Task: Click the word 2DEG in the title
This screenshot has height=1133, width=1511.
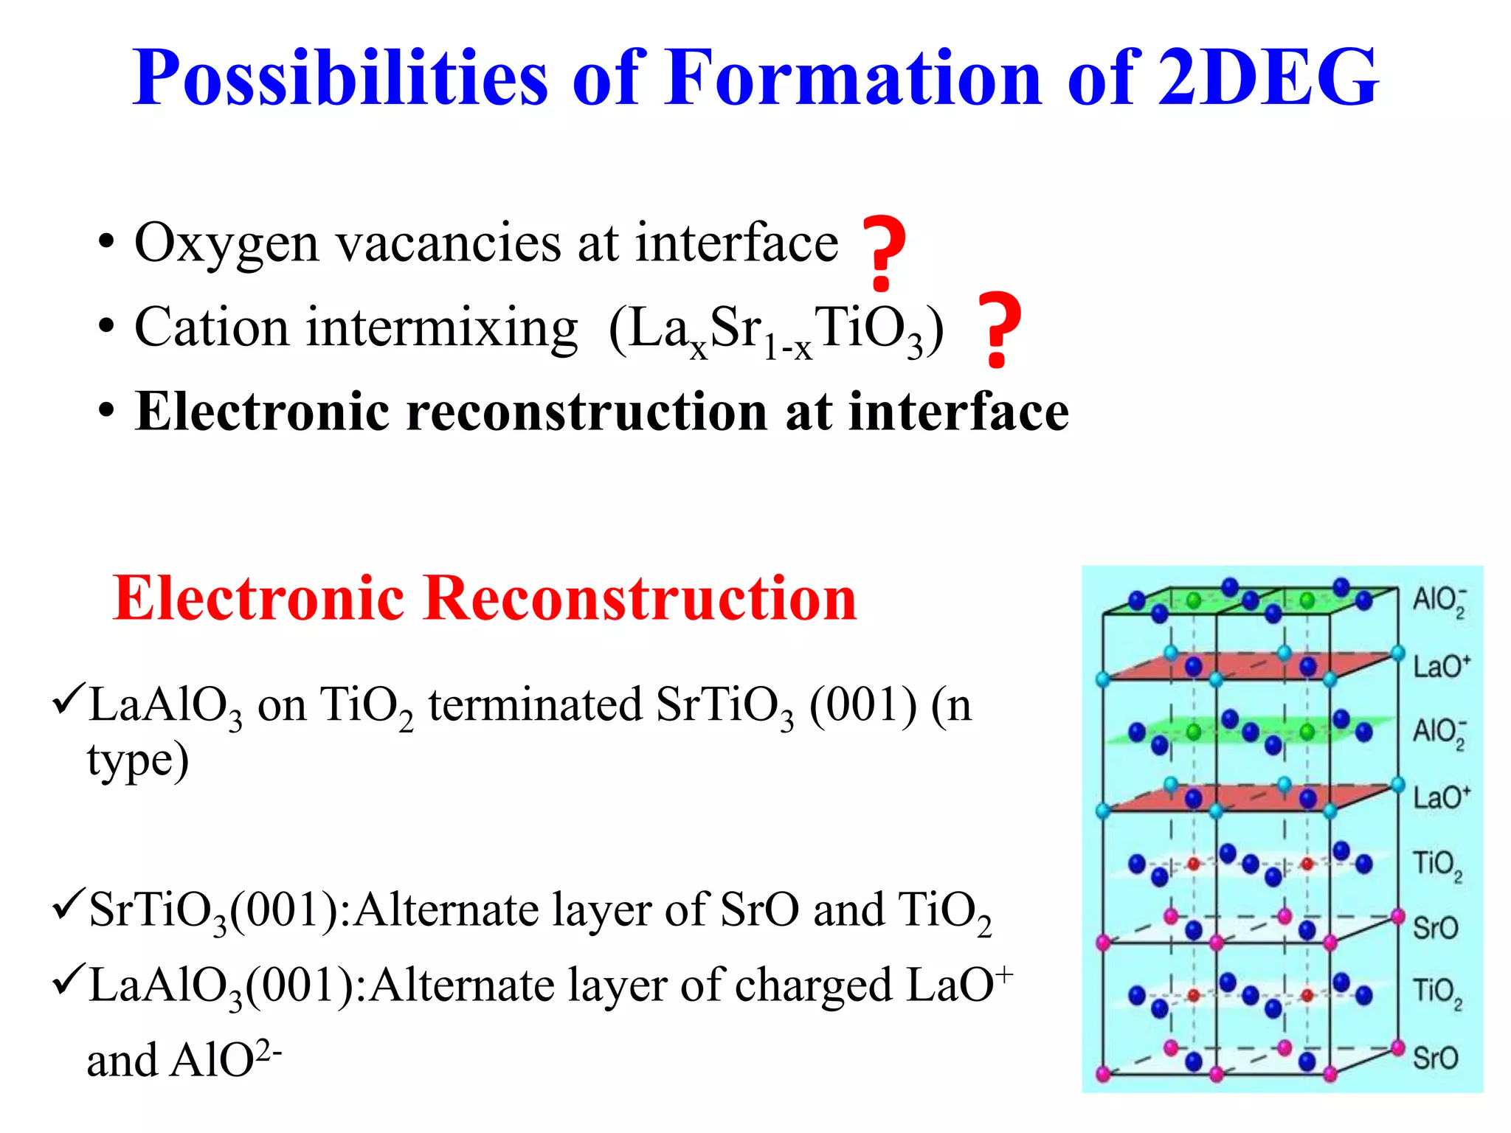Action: pyautogui.click(x=1268, y=77)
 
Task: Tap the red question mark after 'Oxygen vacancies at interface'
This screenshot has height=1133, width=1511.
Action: pyautogui.click(x=883, y=253)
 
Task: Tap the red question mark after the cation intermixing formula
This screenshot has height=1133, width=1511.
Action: pyautogui.click(x=998, y=330)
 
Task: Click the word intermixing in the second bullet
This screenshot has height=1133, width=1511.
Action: pyautogui.click(x=442, y=328)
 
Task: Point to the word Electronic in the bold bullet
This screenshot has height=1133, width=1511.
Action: pyautogui.click(x=261, y=412)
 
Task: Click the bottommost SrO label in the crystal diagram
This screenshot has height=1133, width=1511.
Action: pyautogui.click(x=1435, y=1058)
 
